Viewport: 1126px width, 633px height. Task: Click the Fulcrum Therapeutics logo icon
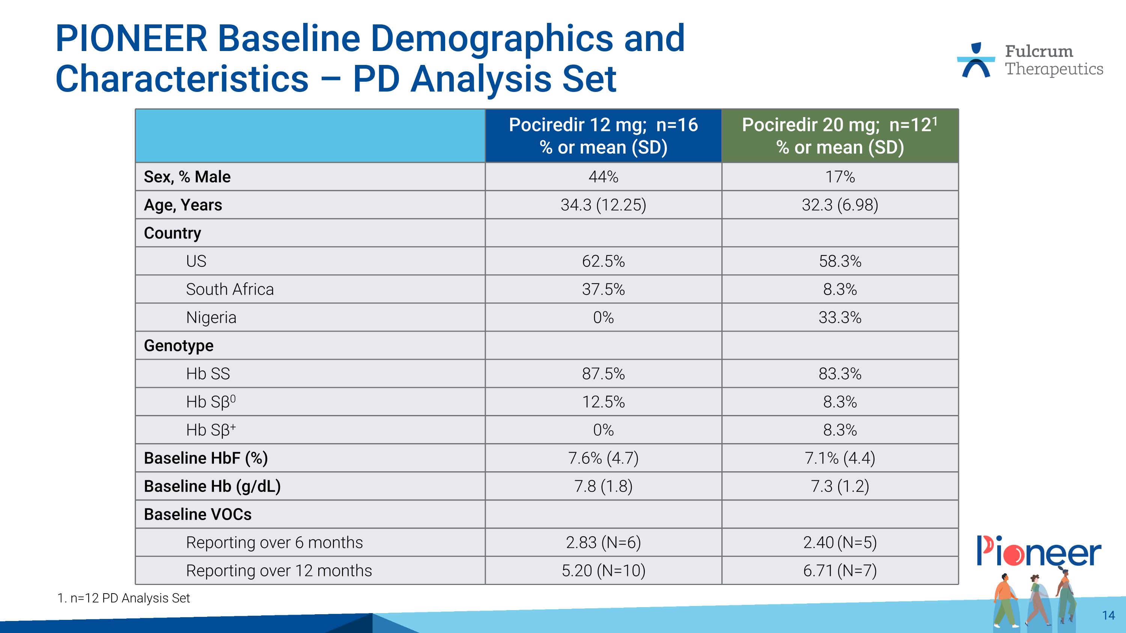click(x=975, y=60)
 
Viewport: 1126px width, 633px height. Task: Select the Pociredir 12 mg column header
click(x=603, y=136)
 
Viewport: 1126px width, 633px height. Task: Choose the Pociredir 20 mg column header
click(x=840, y=136)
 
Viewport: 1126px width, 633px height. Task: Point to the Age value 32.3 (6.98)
click(x=840, y=205)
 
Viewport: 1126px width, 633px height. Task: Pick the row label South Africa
click(x=230, y=289)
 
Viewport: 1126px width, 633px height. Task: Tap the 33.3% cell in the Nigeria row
click(x=840, y=317)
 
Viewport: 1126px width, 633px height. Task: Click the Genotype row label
click(x=179, y=346)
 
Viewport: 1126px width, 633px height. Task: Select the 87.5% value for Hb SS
click(x=603, y=374)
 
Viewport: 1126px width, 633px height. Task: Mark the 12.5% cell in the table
click(x=603, y=402)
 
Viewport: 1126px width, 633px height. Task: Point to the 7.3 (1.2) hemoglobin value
click(x=840, y=486)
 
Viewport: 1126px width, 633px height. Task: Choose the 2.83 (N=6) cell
click(x=603, y=543)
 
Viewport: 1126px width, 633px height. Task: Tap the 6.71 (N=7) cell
click(x=840, y=571)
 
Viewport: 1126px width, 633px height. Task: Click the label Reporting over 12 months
click(x=279, y=571)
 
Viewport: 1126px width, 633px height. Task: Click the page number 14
click(x=1108, y=615)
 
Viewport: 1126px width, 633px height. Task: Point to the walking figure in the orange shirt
click(x=1006, y=598)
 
